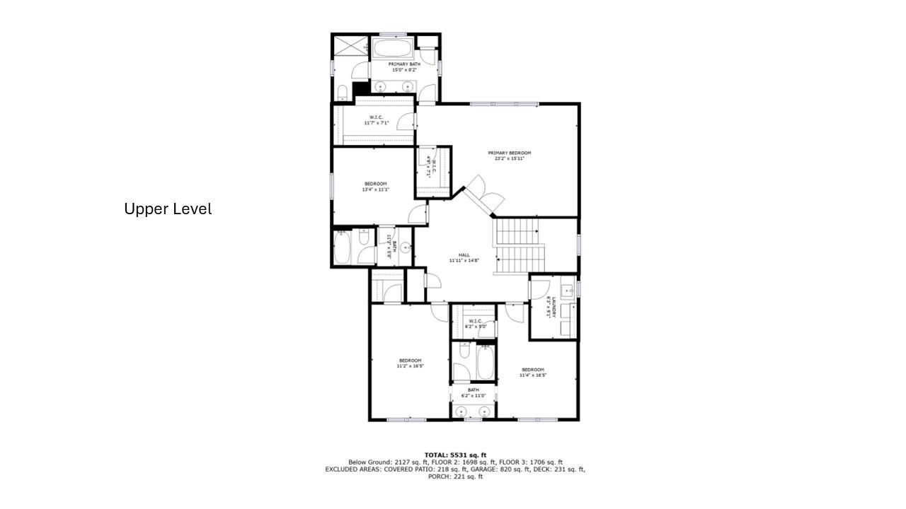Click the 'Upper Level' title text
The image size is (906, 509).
click(x=168, y=209)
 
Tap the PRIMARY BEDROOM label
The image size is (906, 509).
click(x=509, y=153)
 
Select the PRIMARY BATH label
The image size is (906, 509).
click(x=404, y=64)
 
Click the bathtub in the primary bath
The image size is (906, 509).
click(x=392, y=49)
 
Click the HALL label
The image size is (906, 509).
click(x=464, y=255)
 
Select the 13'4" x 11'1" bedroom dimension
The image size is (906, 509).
click(x=375, y=189)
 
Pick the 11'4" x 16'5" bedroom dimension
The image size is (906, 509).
click(x=532, y=375)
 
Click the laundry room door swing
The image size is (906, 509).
click(x=540, y=289)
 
